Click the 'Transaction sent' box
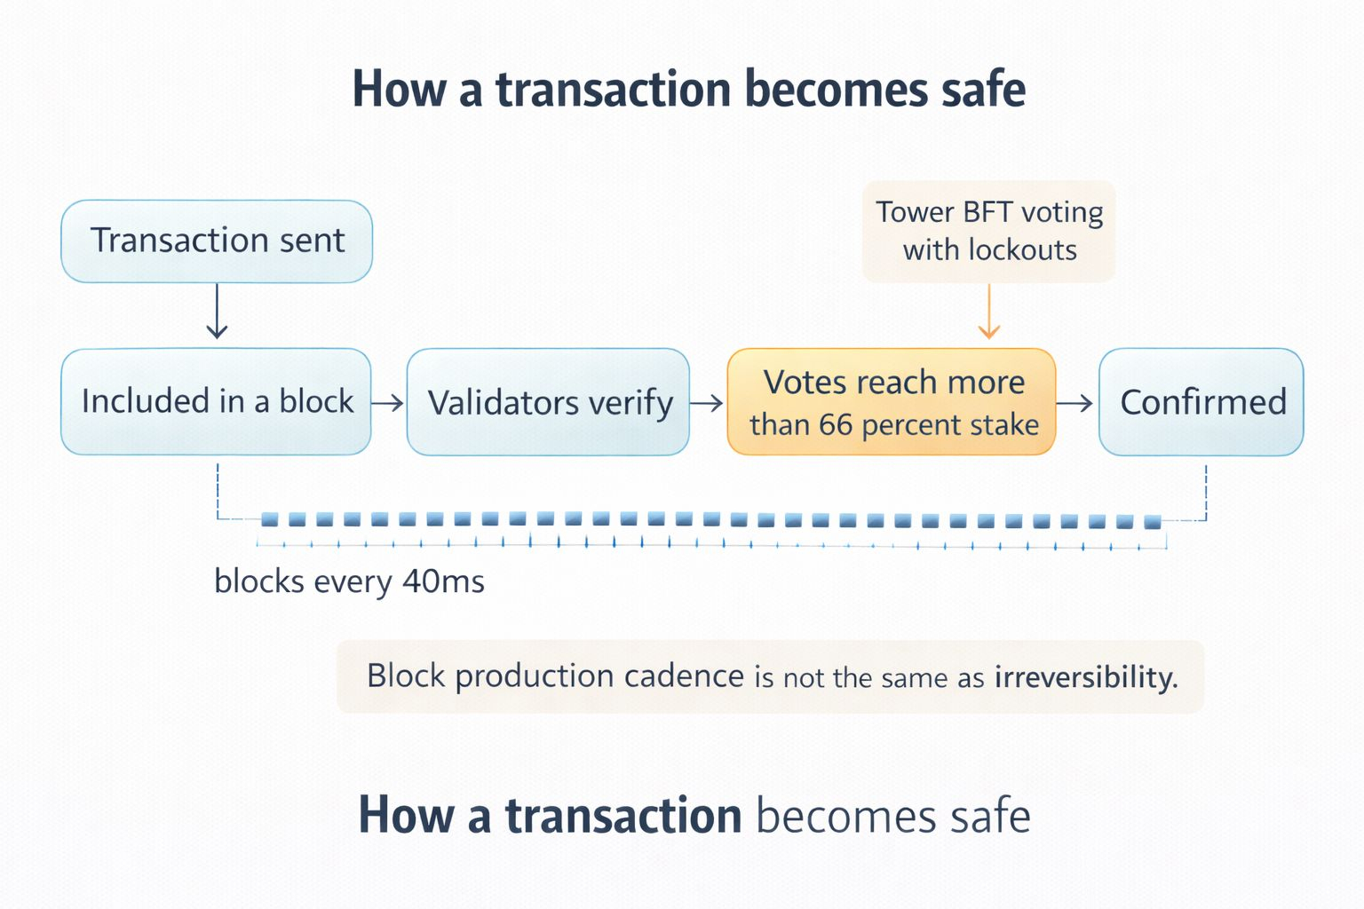point(217,241)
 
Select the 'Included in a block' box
point(216,402)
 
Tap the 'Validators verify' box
point(548,402)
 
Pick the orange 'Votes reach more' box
point(892,402)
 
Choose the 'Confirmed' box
point(1201,402)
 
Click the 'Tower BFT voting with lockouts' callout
point(988,231)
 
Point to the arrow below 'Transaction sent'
point(217,312)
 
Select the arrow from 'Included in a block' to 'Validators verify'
point(388,403)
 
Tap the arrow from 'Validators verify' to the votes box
point(707,403)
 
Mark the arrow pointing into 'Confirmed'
point(1075,403)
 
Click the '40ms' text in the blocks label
point(443,582)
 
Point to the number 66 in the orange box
point(836,425)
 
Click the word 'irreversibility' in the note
point(1085,677)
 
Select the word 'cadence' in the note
point(684,676)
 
